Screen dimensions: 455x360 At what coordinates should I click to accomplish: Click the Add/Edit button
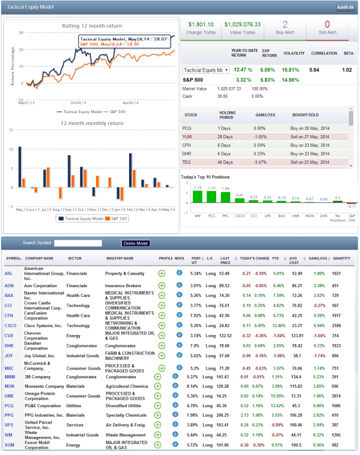(345, 7)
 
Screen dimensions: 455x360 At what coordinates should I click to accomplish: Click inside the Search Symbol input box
(78, 243)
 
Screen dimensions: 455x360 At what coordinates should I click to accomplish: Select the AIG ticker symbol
(9, 273)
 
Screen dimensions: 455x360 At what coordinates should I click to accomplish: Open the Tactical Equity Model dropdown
(205, 70)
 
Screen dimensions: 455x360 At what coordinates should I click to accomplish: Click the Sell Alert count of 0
(327, 24)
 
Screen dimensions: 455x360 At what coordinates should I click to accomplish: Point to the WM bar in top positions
(197, 196)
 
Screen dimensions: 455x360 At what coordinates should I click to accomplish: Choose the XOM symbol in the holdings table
(9, 444)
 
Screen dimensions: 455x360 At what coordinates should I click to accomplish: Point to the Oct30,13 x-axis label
(71, 102)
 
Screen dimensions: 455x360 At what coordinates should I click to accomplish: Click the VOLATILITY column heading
(294, 53)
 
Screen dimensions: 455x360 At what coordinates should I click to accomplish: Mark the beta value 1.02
(347, 70)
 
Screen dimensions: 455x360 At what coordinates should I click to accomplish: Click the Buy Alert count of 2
(285, 24)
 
